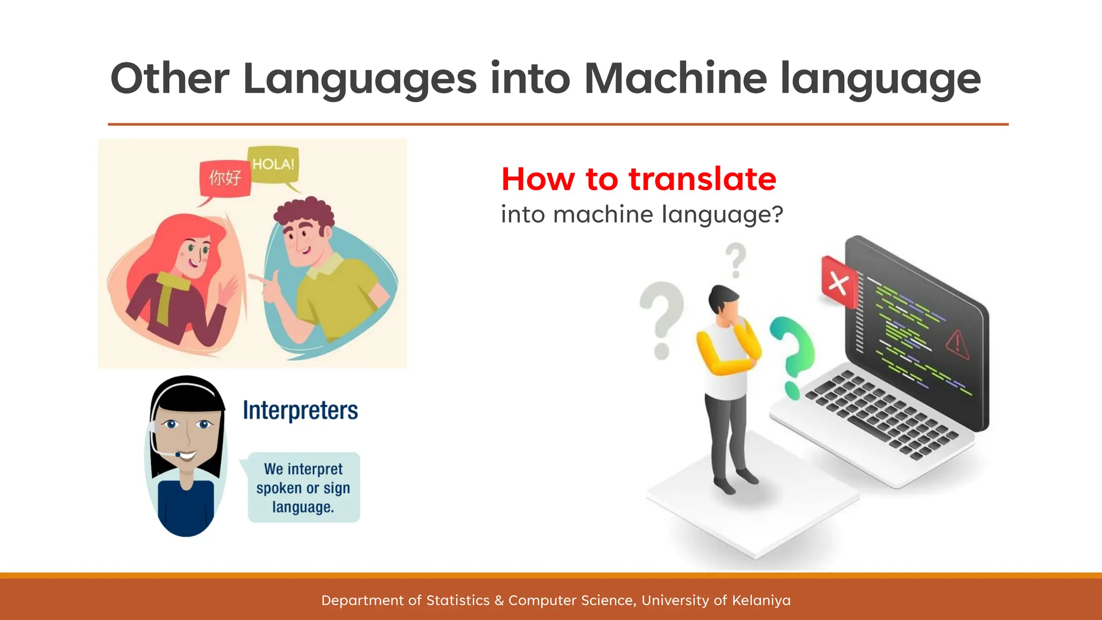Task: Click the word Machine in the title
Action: pos(675,79)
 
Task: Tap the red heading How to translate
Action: pos(639,179)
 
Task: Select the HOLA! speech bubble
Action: pos(273,165)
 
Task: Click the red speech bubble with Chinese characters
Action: pos(225,177)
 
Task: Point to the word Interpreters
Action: pos(300,410)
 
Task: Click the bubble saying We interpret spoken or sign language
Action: pos(303,488)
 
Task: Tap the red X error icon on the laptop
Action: pos(838,283)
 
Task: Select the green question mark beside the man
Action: pos(792,350)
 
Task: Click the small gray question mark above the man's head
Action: pos(736,259)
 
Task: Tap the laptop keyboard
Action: pos(882,414)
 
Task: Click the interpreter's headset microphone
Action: pos(178,455)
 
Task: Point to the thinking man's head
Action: pos(723,301)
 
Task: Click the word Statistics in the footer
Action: pos(458,601)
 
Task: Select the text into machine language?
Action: pos(641,215)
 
